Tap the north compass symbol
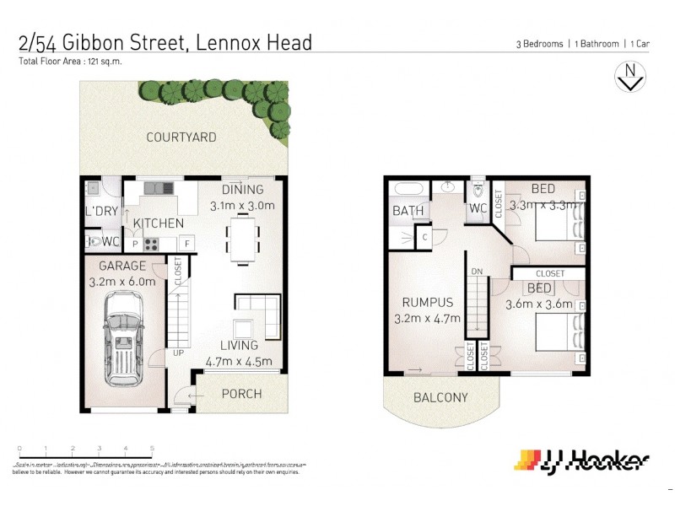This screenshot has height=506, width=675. [629, 77]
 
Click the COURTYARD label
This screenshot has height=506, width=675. [181, 137]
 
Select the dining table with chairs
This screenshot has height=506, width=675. [243, 238]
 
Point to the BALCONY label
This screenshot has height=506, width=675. [440, 398]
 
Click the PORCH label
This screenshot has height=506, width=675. [241, 394]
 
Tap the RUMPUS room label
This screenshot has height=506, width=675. [427, 302]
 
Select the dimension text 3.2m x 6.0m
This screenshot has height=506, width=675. [123, 281]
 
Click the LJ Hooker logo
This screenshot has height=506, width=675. [582, 460]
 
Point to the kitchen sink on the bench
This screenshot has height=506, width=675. [157, 187]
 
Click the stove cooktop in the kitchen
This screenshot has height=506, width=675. [152, 245]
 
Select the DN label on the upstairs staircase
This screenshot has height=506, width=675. [477, 272]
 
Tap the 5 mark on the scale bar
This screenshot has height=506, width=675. [152, 449]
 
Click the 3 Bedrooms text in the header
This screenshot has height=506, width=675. [539, 44]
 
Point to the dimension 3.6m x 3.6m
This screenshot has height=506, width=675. [538, 304]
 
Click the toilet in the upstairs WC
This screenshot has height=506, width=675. [478, 189]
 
